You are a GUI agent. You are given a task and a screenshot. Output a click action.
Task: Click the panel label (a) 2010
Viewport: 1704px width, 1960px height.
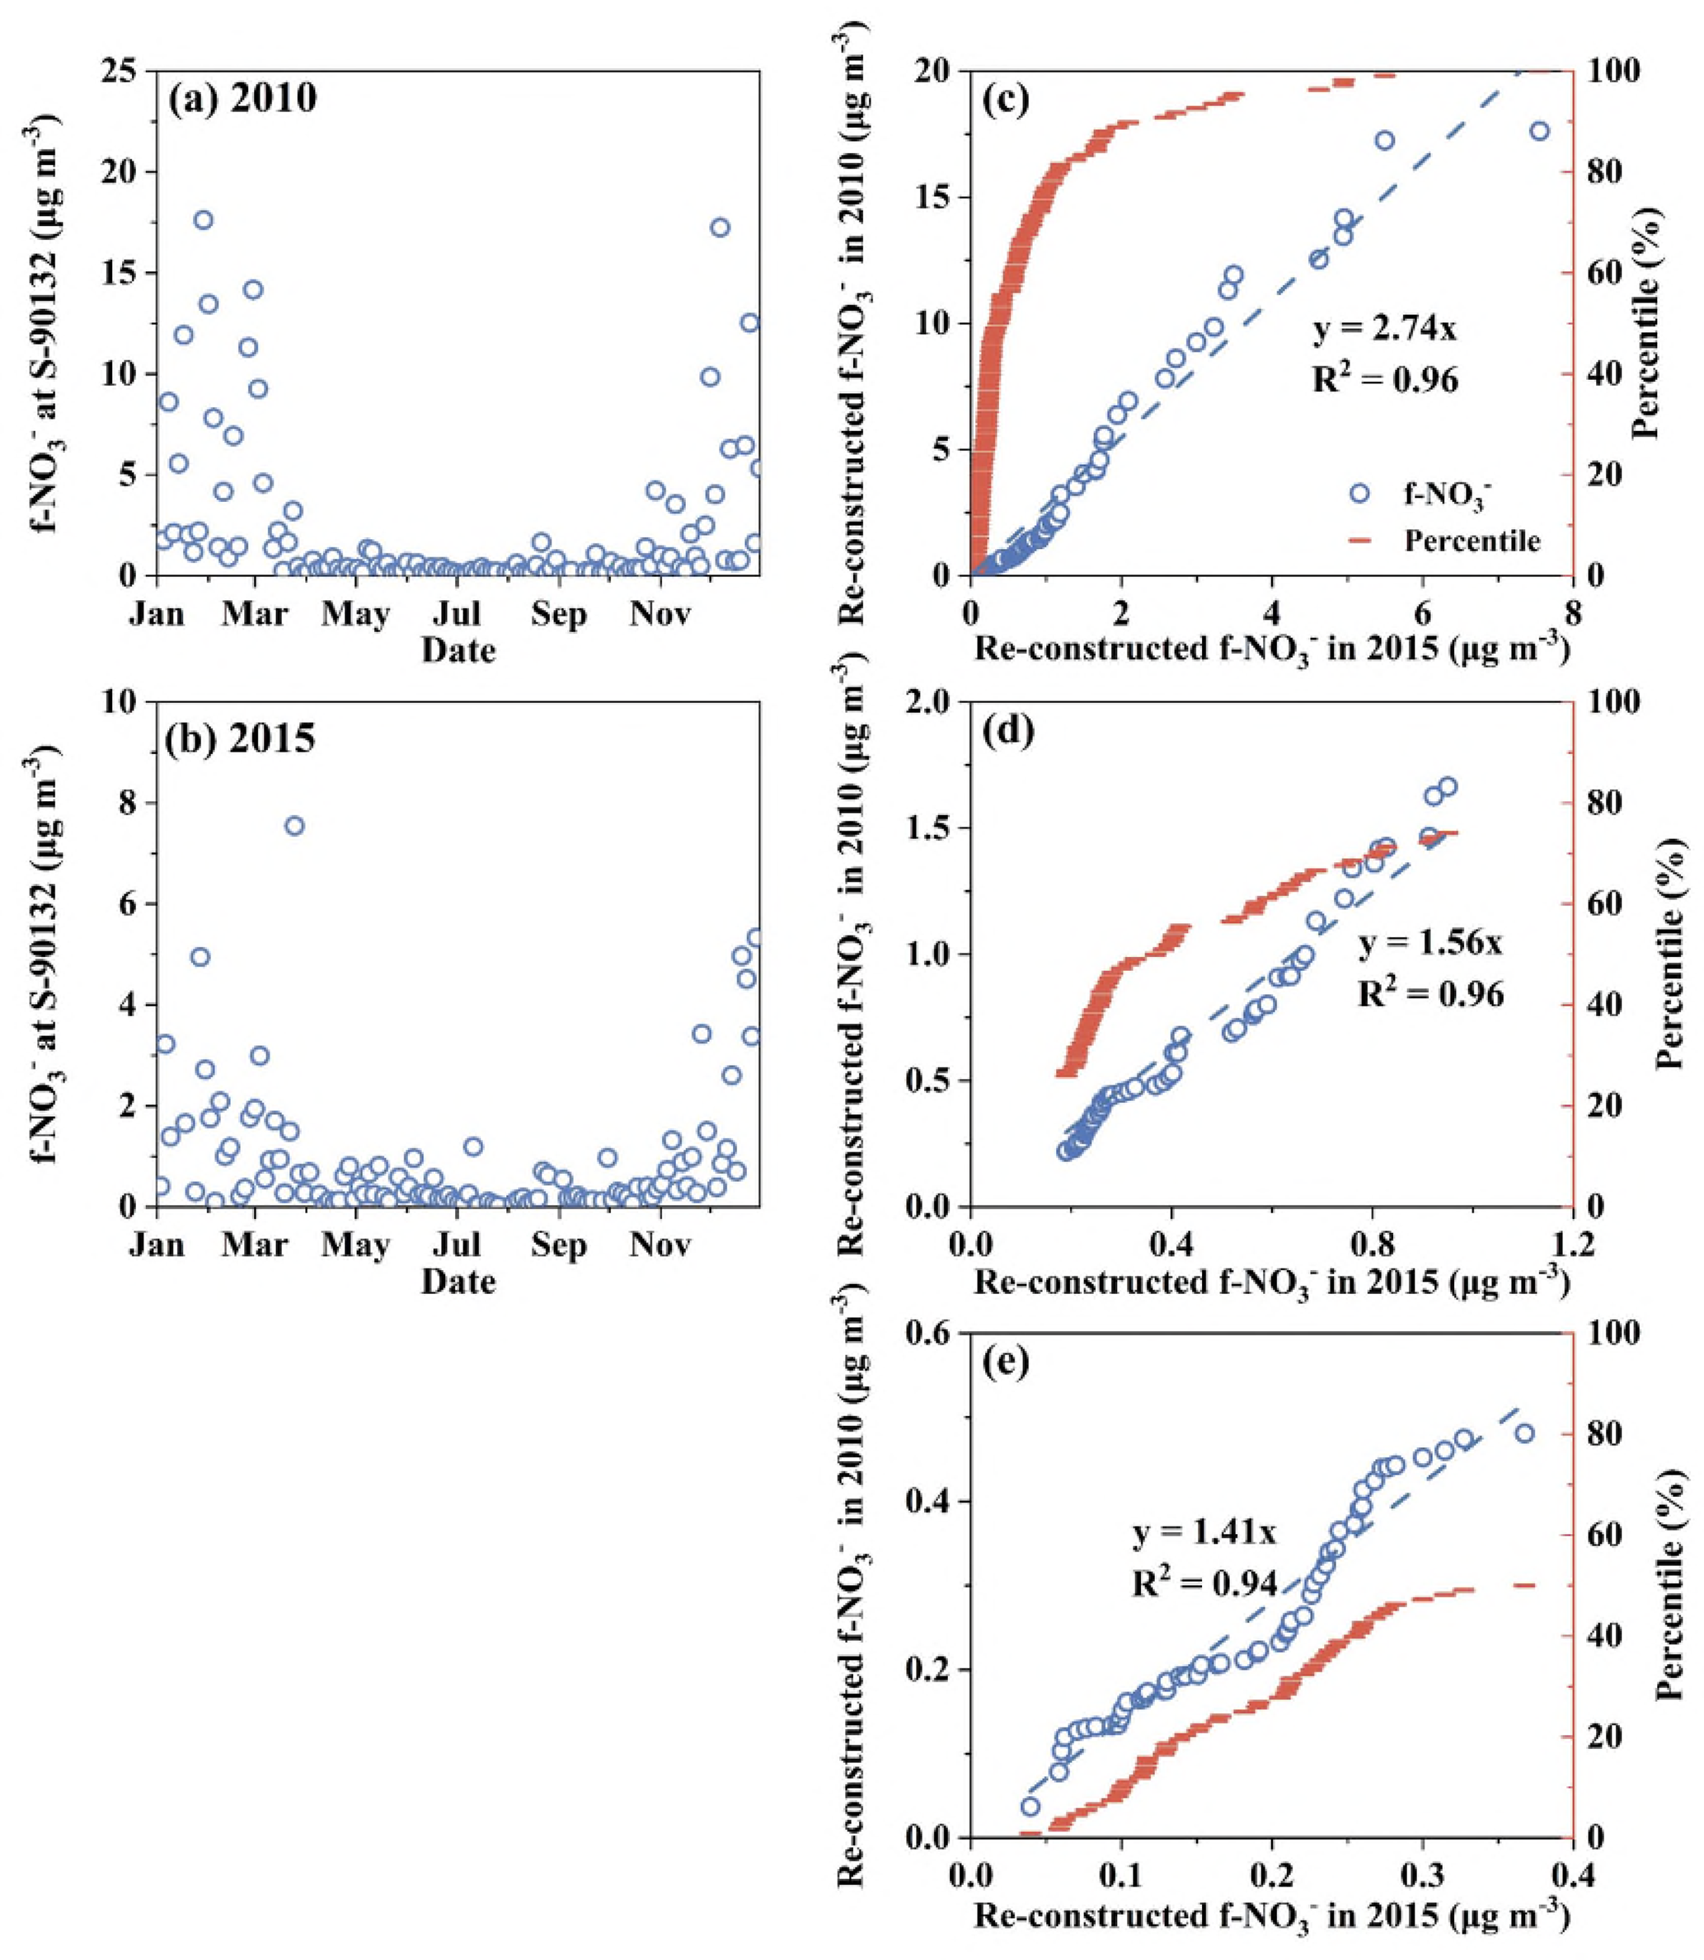[x=243, y=100]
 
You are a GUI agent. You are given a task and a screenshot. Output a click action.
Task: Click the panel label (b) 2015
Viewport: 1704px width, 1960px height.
[x=242, y=739]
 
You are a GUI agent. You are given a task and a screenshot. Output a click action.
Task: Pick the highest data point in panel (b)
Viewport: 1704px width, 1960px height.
[x=295, y=825]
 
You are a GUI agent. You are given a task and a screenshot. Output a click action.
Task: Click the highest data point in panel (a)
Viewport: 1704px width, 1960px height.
[x=204, y=219]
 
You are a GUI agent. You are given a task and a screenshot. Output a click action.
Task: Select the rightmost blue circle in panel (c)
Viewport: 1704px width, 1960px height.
[x=1539, y=131]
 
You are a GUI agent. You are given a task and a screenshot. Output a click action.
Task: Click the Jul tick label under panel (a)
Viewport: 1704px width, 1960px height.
[x=458, y=614]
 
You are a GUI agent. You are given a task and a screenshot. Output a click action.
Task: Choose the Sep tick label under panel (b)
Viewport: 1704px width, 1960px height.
[x=559, y=1246]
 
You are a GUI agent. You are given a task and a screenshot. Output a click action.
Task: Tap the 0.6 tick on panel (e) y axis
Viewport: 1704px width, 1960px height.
[x=928, y=1334]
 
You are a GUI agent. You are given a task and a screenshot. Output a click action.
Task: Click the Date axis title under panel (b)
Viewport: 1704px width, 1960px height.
[x=458, y=1282]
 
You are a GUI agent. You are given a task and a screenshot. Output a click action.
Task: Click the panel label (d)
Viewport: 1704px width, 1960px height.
[x=1010, y=733]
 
